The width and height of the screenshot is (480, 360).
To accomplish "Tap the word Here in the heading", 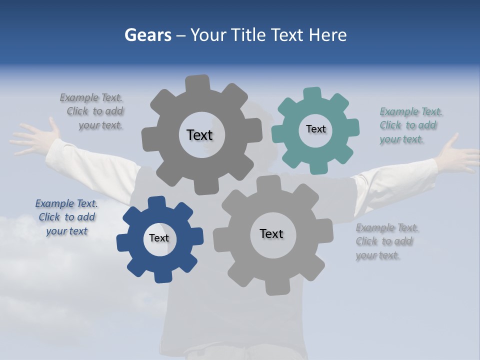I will tap(327, 35).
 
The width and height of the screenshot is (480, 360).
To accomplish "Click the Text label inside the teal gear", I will tap(315, 129).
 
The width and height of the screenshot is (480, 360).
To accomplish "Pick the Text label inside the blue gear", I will tap(159, 238).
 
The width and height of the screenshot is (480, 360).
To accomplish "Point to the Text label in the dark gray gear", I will tap(199, 135).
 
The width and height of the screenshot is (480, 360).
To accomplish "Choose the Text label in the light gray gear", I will tap(271, 233).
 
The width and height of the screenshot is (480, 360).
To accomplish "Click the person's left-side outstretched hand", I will tap(33, 137).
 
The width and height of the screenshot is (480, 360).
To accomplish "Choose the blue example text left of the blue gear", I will tap(66, 217).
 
